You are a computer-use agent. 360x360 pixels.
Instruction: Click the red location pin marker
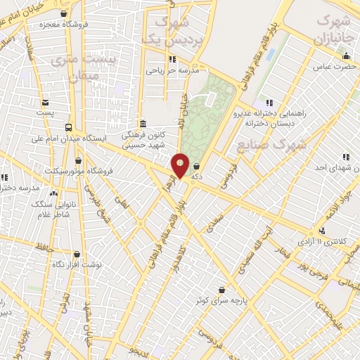[181, 165]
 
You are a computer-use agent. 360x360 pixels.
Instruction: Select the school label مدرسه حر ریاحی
[173, 70]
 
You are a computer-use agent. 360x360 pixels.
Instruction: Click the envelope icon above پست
[46, 103]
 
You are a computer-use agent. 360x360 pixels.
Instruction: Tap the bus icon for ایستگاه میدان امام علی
[68, 127]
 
